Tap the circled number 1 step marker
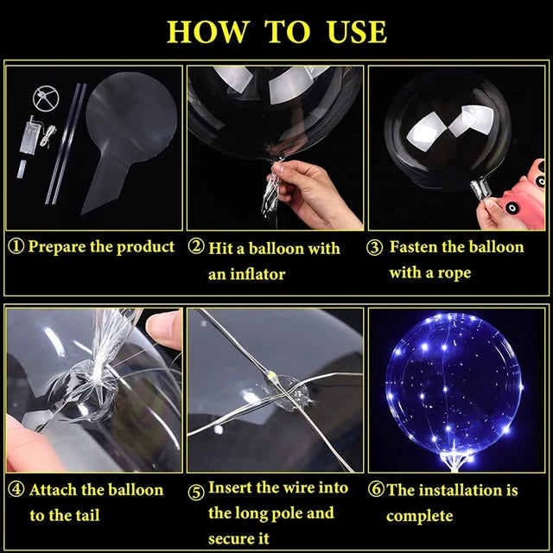[x=16, y=247]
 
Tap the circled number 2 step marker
[x=196, y=249]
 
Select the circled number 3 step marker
[x=375, y=249]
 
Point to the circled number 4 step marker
[x=16, y=491]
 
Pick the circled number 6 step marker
[x=376, y=491]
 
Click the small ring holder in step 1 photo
[x=42, y=96]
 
